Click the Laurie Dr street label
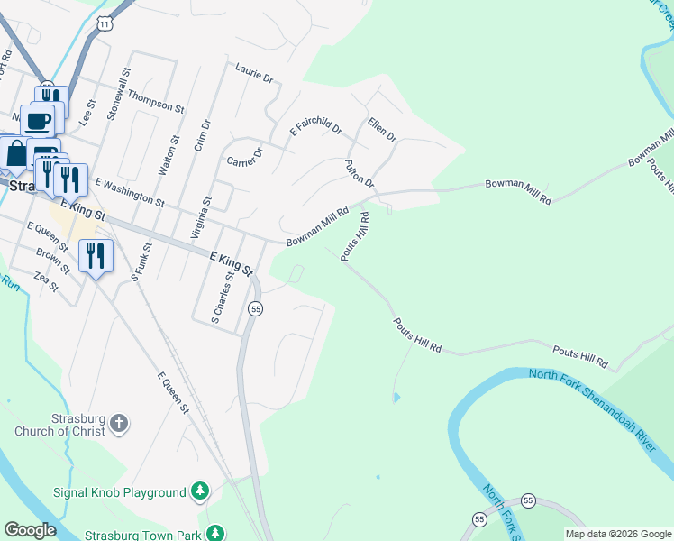(253, 72)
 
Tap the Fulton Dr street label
(359, 173)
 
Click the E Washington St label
(129, 191)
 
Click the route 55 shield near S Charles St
(256, 308)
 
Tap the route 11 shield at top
(106, 25)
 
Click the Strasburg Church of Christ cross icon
(121, 422)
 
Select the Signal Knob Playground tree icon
(200, 491)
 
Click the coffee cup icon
(38, 121)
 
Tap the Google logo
(30, 530)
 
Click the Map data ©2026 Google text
(617, 534)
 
